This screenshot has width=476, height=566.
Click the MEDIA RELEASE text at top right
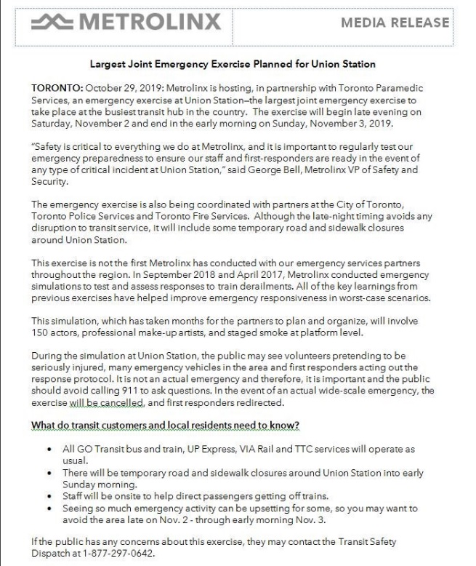point(395,23)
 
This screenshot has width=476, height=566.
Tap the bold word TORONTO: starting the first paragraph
point(57,88)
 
